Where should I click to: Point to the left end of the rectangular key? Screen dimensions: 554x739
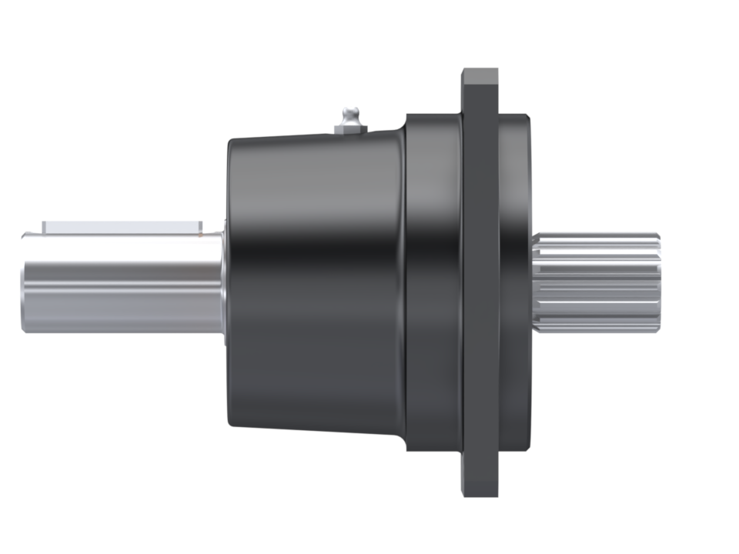pyautogui.click(x=45, y=228)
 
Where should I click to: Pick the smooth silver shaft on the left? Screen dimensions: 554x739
pyautogui.click(x=123, y=285)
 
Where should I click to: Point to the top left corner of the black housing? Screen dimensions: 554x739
pyautogui.click(x=229, y=143)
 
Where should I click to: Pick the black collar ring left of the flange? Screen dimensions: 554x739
pyautogui.click(x=431, y=285)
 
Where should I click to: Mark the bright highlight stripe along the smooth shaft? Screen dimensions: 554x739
pyautogui.click(x=123, y=295)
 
